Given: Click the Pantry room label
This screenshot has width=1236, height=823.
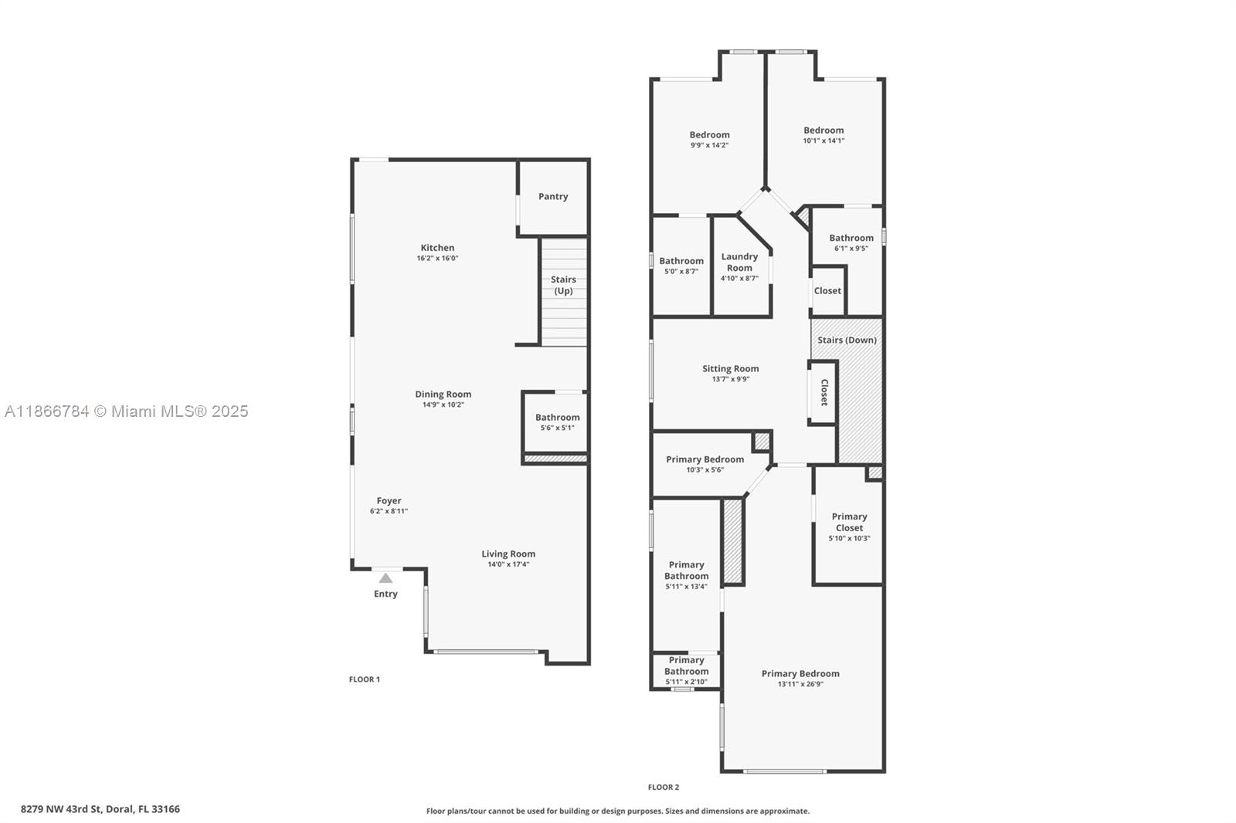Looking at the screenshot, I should tap(553, 197).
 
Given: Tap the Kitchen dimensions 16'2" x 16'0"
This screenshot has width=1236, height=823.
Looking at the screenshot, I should tap(437, 259).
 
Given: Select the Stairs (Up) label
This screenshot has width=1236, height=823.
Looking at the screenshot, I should tap(563, 285).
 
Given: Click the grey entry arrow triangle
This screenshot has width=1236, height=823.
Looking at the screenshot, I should tap(385, 577).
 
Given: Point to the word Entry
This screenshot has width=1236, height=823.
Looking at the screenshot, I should tap(385, 594).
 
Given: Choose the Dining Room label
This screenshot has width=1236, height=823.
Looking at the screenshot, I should tap(443, 394).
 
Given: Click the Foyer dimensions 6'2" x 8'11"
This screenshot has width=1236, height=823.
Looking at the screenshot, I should tap(389, 511).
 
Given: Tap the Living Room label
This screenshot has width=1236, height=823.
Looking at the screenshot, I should tap(508, 554).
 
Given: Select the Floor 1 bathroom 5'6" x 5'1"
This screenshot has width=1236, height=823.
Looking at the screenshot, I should tap(557, 428).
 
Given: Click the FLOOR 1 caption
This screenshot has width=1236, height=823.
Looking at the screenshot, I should tap(365, 679).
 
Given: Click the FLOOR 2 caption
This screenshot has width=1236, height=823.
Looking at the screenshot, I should tap(664, 787).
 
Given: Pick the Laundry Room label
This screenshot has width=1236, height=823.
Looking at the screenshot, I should tap(739, 262).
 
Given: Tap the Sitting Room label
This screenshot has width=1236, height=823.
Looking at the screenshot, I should tap(730, 368).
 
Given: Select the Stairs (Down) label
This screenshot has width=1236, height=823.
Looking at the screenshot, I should tap(847, 340).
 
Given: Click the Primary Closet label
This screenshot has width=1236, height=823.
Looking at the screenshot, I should tap(849, 522).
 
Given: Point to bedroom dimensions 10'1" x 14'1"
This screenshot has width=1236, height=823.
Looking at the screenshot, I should tap(823, 141).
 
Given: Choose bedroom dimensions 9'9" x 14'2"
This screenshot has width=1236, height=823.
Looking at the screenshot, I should tap(709, 145).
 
